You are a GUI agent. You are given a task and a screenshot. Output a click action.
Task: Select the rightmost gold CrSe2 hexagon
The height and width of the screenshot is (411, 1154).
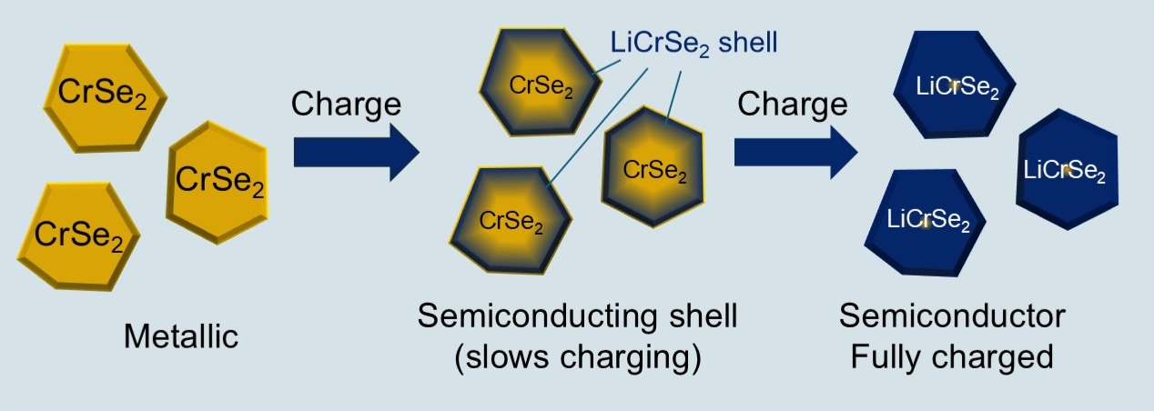[x=219, y=176]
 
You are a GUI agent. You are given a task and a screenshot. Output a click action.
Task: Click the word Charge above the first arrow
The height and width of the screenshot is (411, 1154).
[x=346, y=104]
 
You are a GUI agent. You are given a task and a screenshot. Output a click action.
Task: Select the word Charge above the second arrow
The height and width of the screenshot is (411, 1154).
[x=792, y=104]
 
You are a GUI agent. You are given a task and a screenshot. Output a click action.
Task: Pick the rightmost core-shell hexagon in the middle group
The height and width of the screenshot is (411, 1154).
[x=653, y=169]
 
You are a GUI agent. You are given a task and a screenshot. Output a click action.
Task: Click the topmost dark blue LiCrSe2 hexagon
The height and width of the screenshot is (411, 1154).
[x=950, y=87]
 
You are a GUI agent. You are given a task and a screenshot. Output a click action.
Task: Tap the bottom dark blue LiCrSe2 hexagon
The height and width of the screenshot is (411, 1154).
[x=927, y=220]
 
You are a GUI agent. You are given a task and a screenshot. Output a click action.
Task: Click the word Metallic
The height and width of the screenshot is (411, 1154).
[x=181, y=337]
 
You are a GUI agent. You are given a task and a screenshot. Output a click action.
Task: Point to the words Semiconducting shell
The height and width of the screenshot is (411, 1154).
[x=577, y=317]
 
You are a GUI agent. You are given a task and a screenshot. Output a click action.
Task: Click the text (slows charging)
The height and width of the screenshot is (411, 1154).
[x=577, y=356]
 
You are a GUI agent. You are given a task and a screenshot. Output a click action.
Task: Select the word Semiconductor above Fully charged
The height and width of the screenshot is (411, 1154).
[x=952, y=317]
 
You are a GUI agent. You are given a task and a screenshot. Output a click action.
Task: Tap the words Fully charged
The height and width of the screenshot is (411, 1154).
[x=952, y=356]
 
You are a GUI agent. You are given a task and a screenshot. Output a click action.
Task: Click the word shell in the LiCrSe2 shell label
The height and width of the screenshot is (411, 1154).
[x=747, y=43]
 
